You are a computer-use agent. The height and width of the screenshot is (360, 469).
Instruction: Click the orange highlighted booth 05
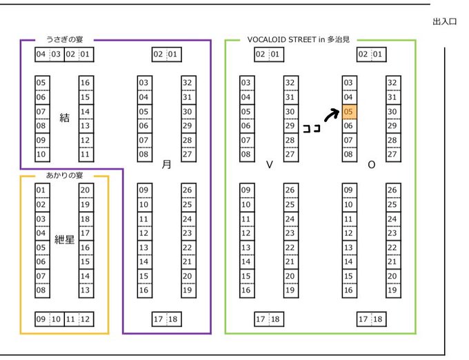[348, 112]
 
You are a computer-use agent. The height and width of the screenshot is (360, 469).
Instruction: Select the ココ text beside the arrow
[311, 128]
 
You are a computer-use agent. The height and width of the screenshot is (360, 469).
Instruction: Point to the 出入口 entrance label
[445, 22]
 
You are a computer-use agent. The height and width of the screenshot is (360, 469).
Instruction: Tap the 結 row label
[64, 118]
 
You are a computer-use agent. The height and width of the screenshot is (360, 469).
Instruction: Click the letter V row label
[270, 165]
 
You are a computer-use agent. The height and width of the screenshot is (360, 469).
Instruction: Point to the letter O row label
[372, 165]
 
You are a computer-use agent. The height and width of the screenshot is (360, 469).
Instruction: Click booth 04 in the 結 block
[41, 54]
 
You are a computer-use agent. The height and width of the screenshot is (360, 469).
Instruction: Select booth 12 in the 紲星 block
[85, 319]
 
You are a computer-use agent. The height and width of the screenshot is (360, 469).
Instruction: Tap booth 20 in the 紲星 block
[85, 190]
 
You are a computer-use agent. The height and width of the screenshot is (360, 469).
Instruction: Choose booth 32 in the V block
[290, 83]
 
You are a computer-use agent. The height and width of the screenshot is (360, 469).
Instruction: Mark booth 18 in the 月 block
[173, 319]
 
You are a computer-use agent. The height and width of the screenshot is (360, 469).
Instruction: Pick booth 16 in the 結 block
[85, 83]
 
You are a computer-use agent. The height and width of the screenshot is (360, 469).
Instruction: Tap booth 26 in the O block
[392, 190]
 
